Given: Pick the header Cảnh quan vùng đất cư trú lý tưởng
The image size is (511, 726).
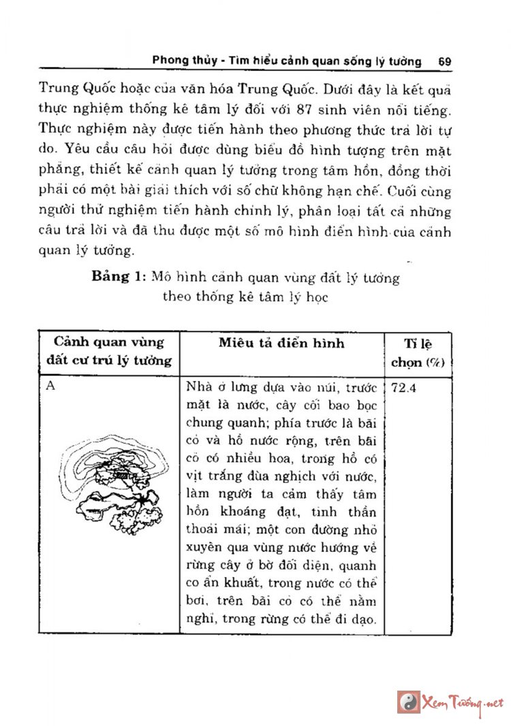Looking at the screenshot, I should (108, 351).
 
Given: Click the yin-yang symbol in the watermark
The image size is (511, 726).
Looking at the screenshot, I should (409, 702).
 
